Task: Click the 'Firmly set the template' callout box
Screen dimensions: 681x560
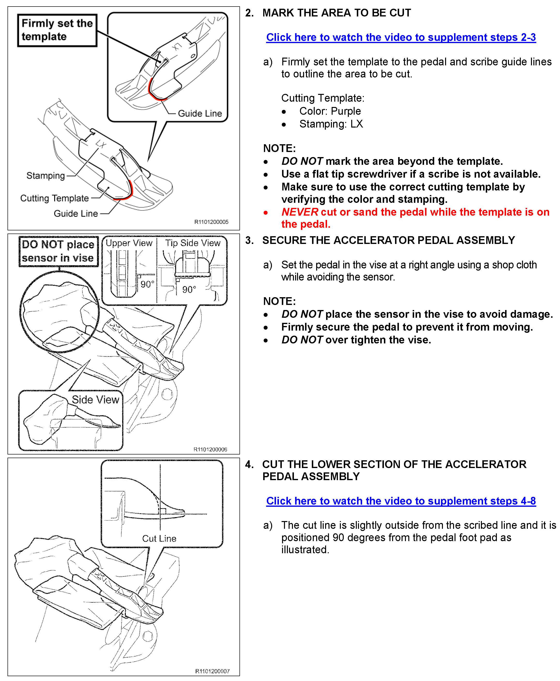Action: point(57,30)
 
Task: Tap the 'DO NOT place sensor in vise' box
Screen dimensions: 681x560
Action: point(58,251)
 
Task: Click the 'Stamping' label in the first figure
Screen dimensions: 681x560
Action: point(45,176)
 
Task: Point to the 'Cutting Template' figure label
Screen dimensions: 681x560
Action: point(54,198)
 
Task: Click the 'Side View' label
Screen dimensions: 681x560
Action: point(95,400)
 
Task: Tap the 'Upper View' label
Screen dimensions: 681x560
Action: point(129,243)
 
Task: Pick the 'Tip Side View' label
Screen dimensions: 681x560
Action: point(193,243)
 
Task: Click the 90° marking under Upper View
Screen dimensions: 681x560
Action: point(147,284)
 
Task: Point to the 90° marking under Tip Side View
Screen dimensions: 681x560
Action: point(189,289)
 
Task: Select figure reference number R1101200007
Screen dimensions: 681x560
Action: point(212,671)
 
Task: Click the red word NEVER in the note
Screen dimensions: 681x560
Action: point(300,212)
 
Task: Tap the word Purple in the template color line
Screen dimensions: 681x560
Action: point(346,111)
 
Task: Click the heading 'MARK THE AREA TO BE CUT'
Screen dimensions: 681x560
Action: point(336,13)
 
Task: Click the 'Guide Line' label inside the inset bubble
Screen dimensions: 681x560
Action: point(200,113)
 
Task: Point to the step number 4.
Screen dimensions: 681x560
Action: point(249,464)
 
